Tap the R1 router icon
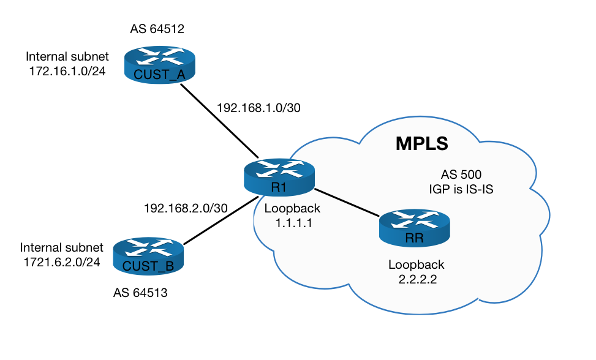[279, 177]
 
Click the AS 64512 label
[157, 29]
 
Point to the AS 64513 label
[140, 293]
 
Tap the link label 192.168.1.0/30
[258, 108]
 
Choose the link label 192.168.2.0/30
[186, 208]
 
